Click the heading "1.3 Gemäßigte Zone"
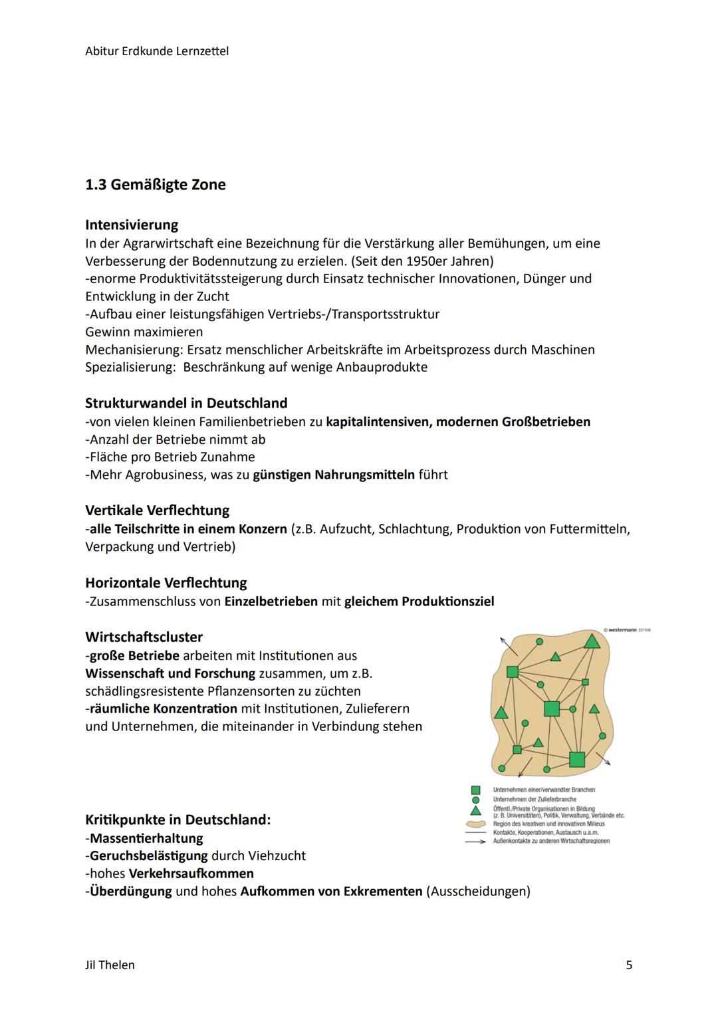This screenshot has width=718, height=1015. coord(155,185)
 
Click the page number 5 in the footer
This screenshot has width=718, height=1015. coord(629,964)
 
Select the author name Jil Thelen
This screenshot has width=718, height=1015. coord(110,964)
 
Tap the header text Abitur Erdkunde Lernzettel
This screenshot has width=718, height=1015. coord(157,51)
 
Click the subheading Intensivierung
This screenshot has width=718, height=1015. coord(132,225)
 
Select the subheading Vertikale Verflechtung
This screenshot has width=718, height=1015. coord(157,510)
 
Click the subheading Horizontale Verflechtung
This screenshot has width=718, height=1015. coord(166,583)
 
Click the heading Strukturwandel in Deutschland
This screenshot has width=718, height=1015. coord(186,403)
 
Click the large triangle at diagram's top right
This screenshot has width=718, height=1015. coord(592,641)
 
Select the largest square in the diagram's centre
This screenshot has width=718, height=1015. coord(552,709)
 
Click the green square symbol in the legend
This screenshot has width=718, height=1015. coord(475,790)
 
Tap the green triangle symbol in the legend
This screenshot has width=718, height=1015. coord(475,811)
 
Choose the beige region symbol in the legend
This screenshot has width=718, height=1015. coord(475,824)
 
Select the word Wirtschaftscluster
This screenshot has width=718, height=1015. coord(144,637)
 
